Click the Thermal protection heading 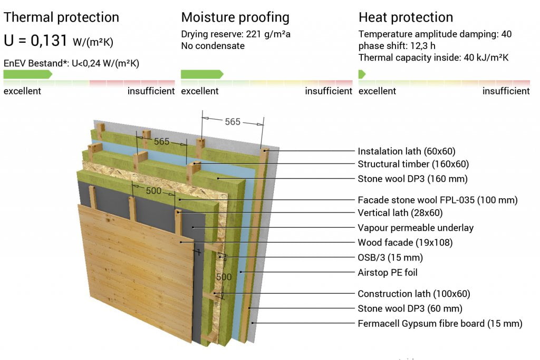(x=61, y=17)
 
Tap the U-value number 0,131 (x=49, y=40)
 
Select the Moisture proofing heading (x=235, y=17)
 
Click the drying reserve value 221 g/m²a (x=268, y=34)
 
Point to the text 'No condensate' (x=213, y=46)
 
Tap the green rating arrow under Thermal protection (x=28, y=74)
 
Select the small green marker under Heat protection (x=362, y=74)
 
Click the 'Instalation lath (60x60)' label (x=407, y=151)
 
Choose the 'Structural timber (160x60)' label (x=413, y=164)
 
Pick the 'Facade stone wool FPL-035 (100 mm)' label (x=437, y=200)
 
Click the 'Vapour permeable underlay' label (x=416, y=228)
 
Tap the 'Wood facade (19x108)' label (x=405, y=242)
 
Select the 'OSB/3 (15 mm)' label (x=390, y=258)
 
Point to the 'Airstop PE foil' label (x=388, y=273)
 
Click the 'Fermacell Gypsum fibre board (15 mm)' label (x=440, y=324)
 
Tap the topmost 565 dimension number (x=233, y=122)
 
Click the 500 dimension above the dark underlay (x=153, y=191)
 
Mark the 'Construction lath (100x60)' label (x=413, y=294)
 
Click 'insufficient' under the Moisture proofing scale (x=329, y=91)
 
